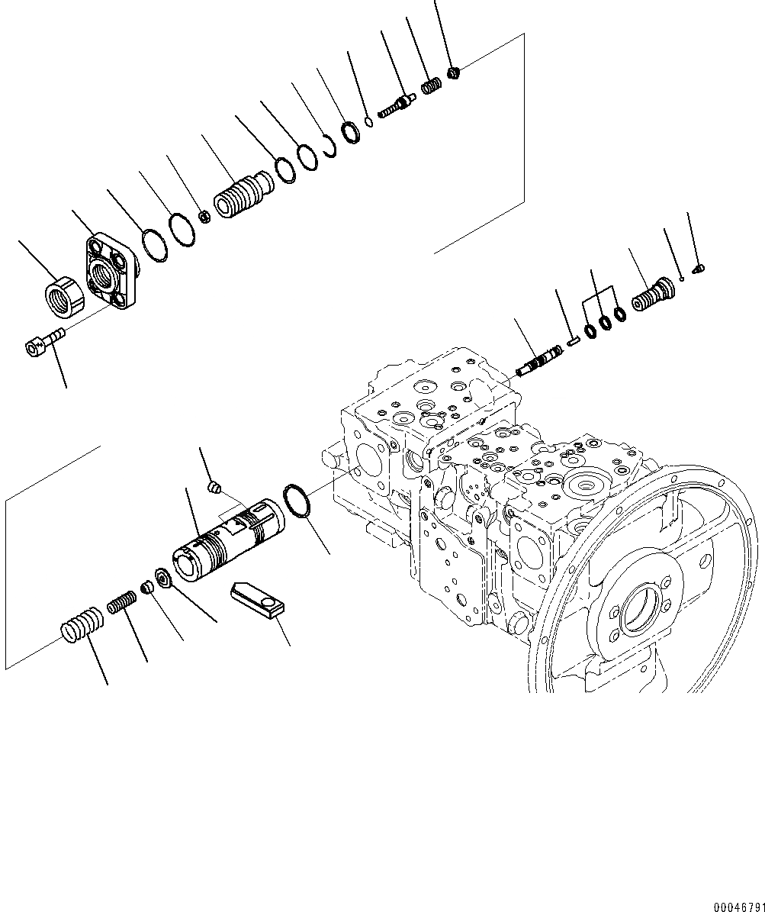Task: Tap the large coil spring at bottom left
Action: click(x=81, y=621)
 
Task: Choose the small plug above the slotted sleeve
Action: click(x=216, y=485)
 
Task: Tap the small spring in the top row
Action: click(x=432, y=85)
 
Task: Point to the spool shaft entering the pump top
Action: click(x=538, y=361)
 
